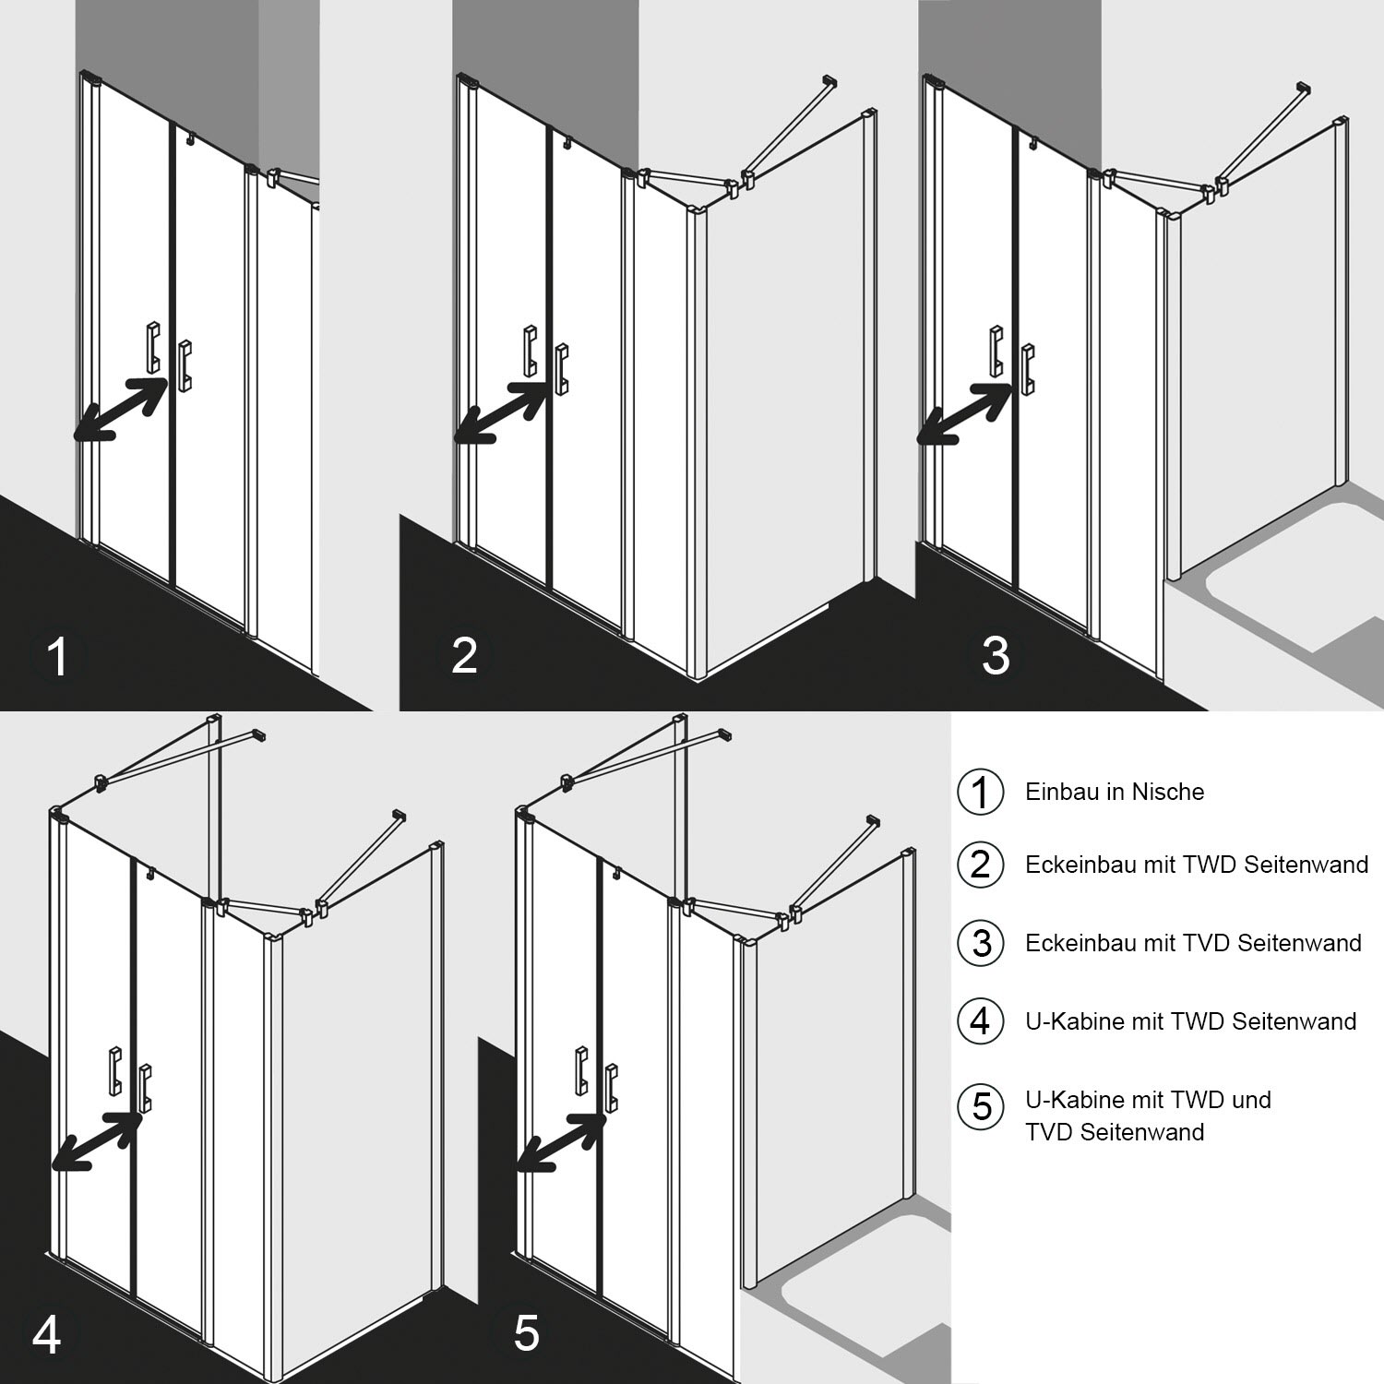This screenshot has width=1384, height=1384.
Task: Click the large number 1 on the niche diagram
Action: pos(57,657)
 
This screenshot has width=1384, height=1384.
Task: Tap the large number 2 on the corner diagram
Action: pos(464,655)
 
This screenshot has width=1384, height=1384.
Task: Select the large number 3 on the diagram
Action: pos(996,656)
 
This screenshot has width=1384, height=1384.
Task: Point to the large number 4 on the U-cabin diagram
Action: pos(47,1333)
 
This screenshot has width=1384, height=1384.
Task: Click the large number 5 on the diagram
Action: pos(526,1333)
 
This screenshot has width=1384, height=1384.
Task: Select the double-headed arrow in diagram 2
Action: pos(502,412)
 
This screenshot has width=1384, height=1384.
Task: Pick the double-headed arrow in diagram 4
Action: pos(97,1140)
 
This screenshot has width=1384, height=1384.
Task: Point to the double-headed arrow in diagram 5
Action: pos(562,1141)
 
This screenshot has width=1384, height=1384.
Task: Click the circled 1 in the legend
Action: pos(980,792)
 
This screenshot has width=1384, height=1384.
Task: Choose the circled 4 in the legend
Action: pos(980,1021)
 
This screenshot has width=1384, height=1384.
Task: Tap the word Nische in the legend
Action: pos(1168,792)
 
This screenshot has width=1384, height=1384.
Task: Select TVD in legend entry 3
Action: pos(1199,943)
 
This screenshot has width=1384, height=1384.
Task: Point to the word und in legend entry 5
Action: pos(1251,1100)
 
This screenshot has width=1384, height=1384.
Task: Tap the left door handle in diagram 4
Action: pos(115,1070)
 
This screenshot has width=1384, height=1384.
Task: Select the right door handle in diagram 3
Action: pos(1029,369)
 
